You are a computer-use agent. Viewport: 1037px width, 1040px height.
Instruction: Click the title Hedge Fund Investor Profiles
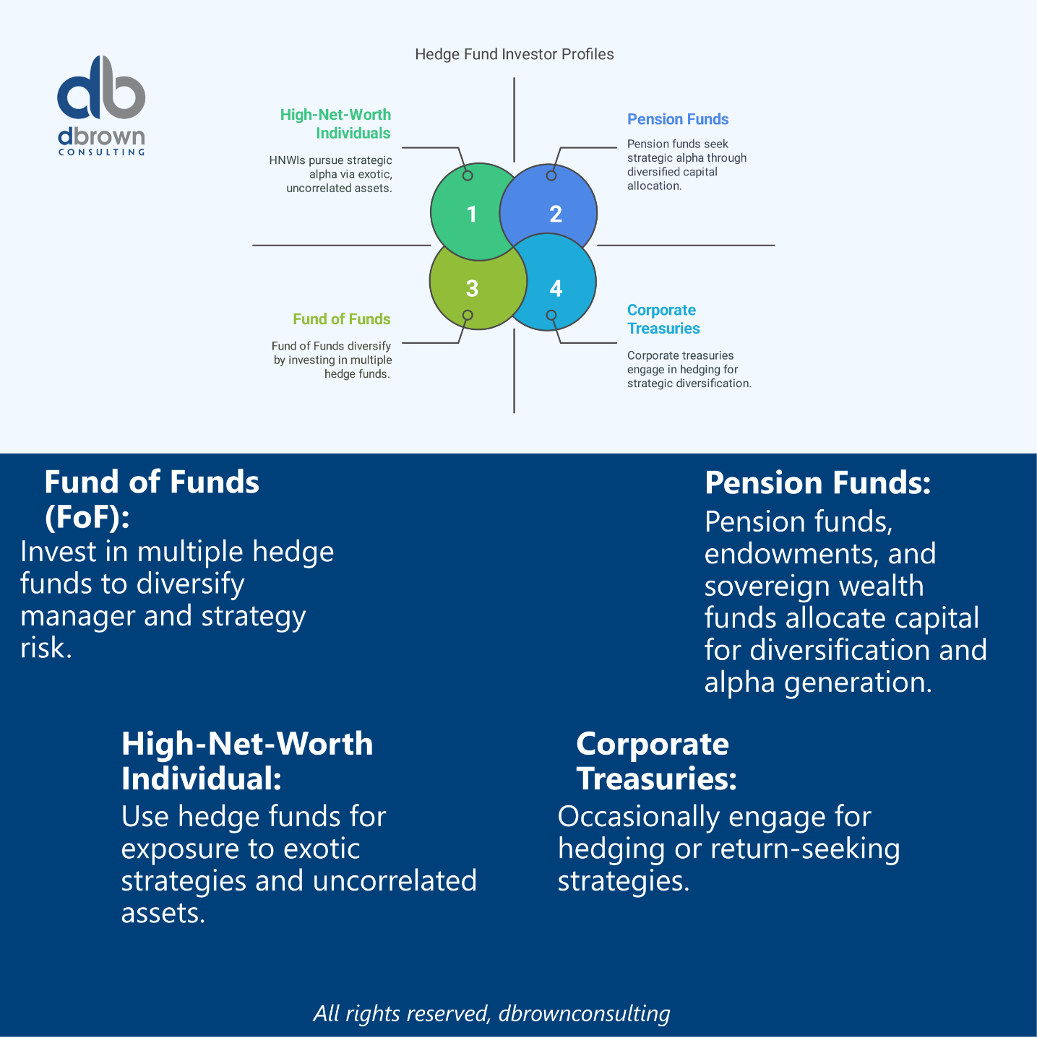(x=514, y=54)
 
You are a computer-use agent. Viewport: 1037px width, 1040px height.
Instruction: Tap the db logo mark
(x=101, y=88)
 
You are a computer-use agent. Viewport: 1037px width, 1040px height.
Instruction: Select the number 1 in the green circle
(x=472, y=214)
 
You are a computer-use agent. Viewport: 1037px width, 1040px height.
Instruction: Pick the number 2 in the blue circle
(x=556, y=214)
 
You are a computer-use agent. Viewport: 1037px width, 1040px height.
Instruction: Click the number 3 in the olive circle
(x=472, y=288)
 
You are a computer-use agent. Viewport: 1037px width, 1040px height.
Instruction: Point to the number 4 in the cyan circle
(x=556, y=288)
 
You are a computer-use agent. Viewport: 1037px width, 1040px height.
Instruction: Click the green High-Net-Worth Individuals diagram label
(x=336, y=123)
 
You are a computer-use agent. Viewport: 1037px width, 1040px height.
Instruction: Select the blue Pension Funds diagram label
(x=678, y=119)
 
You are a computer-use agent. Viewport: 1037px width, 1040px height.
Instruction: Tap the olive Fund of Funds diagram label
(x=342, y=319)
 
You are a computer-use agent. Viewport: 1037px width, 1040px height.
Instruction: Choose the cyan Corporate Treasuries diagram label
(x=663, y=319)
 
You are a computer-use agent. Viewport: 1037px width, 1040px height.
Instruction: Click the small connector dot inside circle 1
(x=468, y=175)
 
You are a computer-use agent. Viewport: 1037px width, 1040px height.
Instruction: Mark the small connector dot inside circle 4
(x=551, y=316)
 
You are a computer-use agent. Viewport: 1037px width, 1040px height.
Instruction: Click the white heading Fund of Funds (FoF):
(x=152, y=499)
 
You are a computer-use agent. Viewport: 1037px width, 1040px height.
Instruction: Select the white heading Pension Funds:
(x=818, y=483)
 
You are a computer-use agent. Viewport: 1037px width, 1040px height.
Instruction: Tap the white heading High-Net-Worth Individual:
(x=247, y=761)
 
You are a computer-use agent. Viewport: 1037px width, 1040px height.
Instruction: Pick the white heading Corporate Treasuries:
(x=655, y=761)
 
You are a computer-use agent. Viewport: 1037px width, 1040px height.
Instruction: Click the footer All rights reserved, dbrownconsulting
(x=491, y=1013)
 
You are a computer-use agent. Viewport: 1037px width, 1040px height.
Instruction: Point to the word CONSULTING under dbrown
(x=102, y=152)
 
